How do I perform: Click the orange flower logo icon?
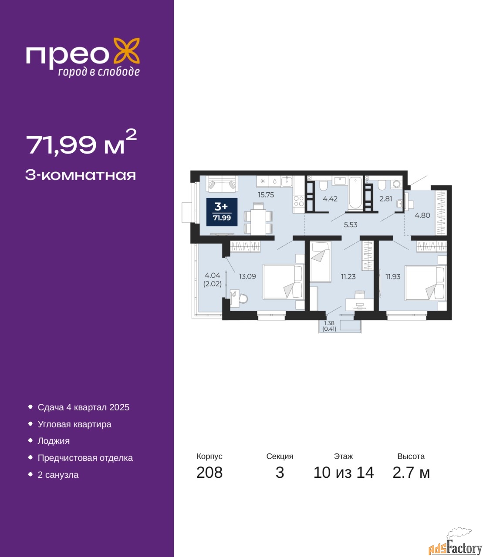tap(126, 51)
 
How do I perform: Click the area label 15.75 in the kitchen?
tap(266, 195)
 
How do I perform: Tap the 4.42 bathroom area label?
tap(330, 199)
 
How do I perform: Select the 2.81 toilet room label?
tap(385, 199)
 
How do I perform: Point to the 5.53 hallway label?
tap(351, 225)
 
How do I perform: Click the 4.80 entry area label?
tap(422, 215)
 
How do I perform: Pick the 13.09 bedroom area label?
tap(247, 276)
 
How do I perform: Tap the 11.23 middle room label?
tap(348, 276)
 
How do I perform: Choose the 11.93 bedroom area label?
tap(393, 276)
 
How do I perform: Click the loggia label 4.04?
tap(213, 275)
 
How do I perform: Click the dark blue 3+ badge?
tap(222, 212)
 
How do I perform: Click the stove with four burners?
tap(299, 201)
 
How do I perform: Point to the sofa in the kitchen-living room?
tap(222, 185)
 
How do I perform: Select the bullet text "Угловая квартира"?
tap(74, 424)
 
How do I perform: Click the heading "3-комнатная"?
tap(81, 175)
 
